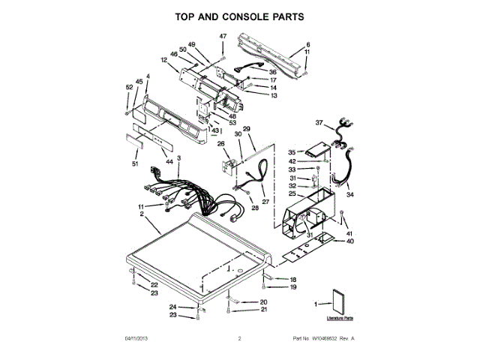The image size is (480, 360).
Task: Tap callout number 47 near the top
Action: pos(222,37)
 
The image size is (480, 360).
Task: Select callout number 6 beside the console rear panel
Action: pos(306,45)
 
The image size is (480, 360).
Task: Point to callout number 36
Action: pos(273,72)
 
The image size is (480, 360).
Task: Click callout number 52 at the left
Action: pos(129,88)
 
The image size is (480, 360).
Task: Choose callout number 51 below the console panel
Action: pos(136,163)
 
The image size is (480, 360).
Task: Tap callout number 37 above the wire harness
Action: pos(318,122)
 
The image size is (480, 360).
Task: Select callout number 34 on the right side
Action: pos(349,194)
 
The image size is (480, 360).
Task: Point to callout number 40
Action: pos(349,241)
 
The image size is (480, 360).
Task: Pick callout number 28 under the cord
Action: pos(254,208)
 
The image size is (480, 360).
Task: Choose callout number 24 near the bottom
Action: pos(172,307)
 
